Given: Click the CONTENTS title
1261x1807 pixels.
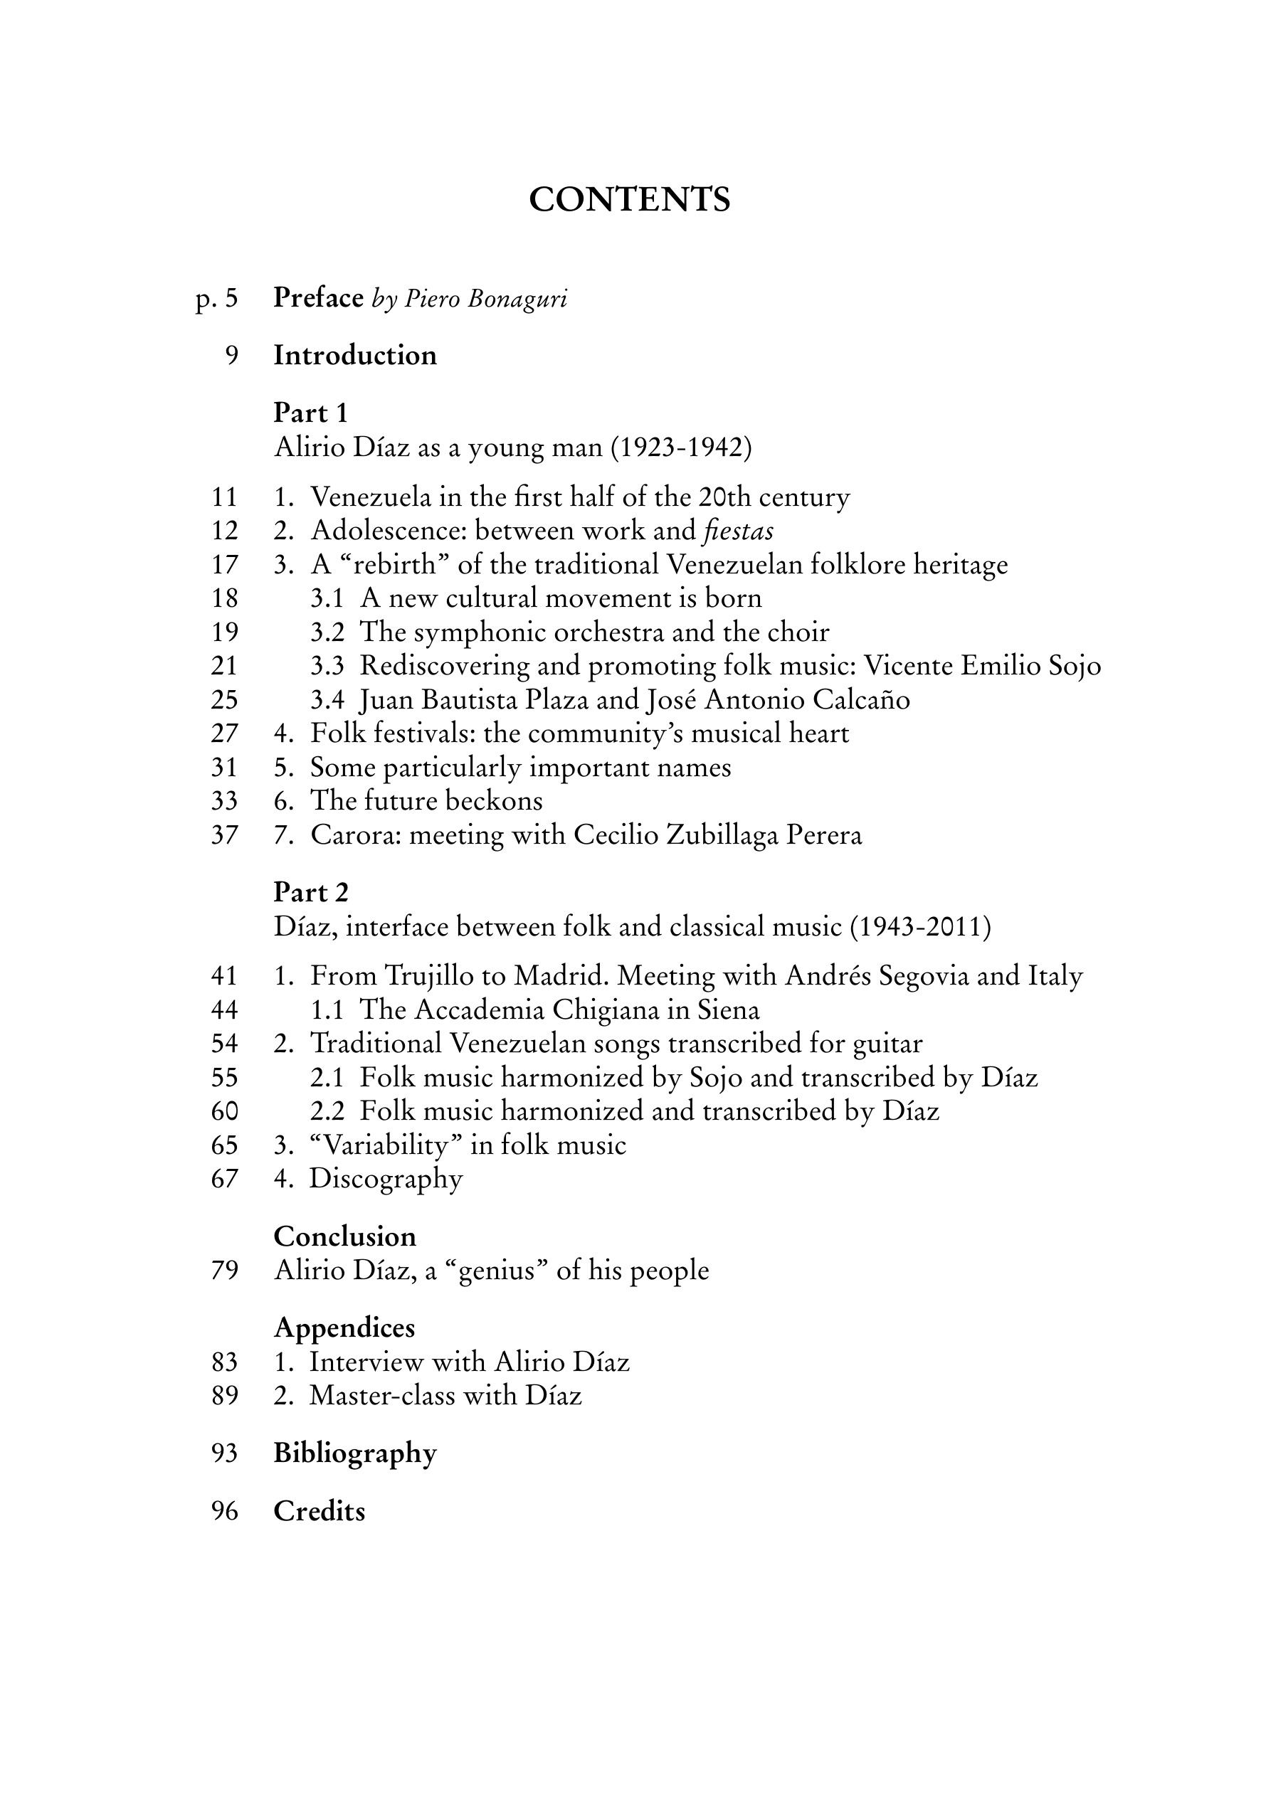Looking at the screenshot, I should [x=629, y=200].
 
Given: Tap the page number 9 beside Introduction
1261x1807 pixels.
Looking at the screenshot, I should [x=231, y=356].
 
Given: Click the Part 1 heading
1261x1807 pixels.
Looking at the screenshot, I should [x=310, y=413].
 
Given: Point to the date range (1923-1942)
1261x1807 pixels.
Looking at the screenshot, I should [x=681, y=447].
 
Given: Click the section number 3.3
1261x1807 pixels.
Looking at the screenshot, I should [x=327, y=667].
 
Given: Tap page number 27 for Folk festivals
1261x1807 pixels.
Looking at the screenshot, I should [x=224, y=734].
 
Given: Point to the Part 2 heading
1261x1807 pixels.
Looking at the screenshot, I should [x=310, y=893].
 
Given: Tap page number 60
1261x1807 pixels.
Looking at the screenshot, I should [x=224, y=1112].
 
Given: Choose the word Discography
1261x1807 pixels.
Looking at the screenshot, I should [x=386, y=1179].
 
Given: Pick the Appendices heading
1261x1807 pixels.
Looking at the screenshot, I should [x=344, y=1328].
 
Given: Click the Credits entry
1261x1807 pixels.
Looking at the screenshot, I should [x=319, y=1512].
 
